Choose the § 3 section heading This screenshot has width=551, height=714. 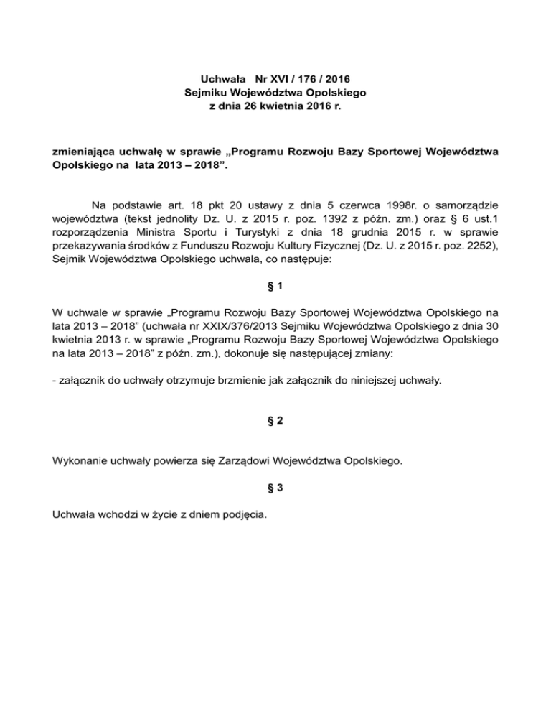[x=275, y=488]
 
